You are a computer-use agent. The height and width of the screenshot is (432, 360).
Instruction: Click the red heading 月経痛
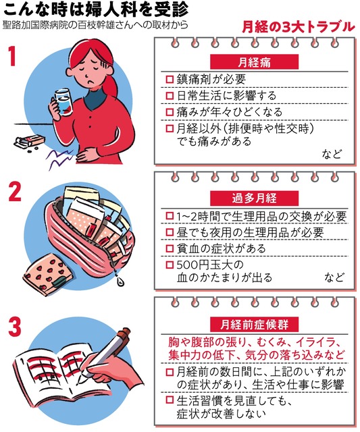pyautogui.click(x=254, y=61)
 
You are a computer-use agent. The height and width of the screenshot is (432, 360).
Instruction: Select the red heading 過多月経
pyautogui.click(x=254, y=198)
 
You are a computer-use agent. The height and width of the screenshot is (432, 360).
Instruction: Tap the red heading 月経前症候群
pyautogui.click(x=254, y=324)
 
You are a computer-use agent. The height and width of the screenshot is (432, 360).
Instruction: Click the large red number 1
pyautogui.click(x=11, y=56)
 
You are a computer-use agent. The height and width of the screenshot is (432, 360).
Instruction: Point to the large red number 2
pyautogui.click(x=15, y=192)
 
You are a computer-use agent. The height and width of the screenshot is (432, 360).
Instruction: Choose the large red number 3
pyautogui.click(x=15, y=327)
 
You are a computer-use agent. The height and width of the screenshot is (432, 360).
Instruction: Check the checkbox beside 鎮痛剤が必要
pyautogui.click(x=170, y=80)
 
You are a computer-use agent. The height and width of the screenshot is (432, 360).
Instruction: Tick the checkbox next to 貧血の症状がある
pyautogui.click(x=170, y=249)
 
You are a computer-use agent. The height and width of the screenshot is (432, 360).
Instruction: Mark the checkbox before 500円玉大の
pyautogui.click(x=170, y=265)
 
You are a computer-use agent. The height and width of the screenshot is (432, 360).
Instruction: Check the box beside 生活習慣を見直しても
pyautogui.click(x=170, y=400)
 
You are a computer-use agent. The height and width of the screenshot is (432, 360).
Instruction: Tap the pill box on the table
pyautogui.click(x=30, y=140)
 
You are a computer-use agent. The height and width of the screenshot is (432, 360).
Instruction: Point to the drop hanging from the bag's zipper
pyautogui.click(x=120, y=281)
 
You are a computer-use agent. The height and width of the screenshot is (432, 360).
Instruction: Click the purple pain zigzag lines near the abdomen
pyautogui.click(x=60, y=159)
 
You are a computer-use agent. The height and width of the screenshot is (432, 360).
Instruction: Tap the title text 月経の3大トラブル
pyautogui.click(x=299, y=27)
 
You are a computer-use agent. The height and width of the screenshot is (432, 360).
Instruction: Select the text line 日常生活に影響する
pyautogui.click(x=226, y=96)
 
